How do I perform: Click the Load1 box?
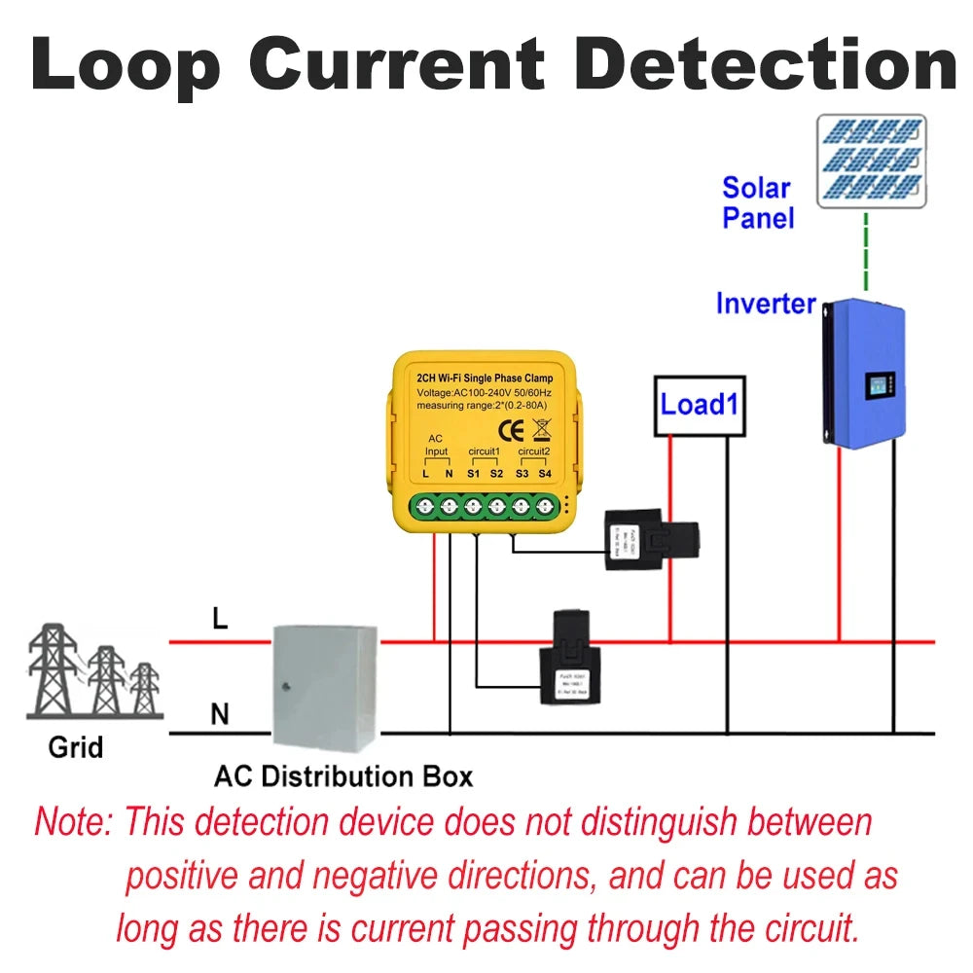[x=699, y=405]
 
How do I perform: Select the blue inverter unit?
[x=864, y=374]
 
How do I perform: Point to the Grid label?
[x=76, y=748]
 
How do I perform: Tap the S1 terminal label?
[x=474, y=474]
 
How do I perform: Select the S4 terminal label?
[x=545, y=474]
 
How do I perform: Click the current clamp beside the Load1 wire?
[x=651, y=538]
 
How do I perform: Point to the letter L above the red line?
[x=221, y=619]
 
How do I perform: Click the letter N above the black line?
[x=220, y=715]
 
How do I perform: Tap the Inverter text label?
[x=766, y=304]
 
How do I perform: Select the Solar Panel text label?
[x=758, y=202]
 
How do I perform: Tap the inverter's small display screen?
[x=879, y=384]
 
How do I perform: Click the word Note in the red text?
[x=74, y=822]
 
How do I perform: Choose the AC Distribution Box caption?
[x=343, y=776]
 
